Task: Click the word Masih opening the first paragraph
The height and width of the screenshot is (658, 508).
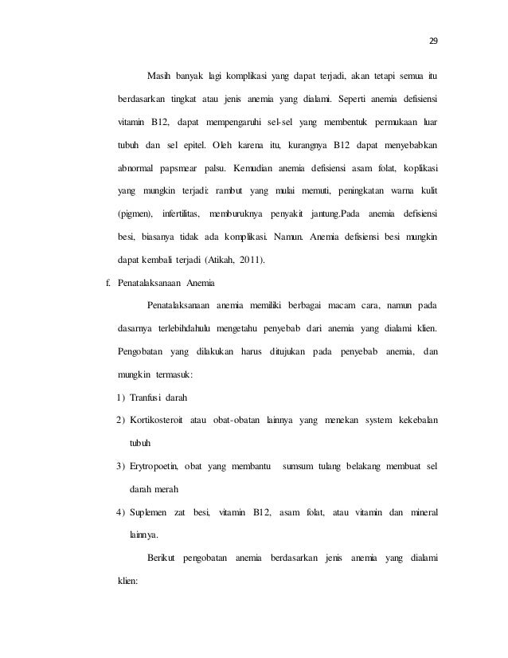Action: tap(162, 76)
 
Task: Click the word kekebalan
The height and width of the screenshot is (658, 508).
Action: tap(415, 420)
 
